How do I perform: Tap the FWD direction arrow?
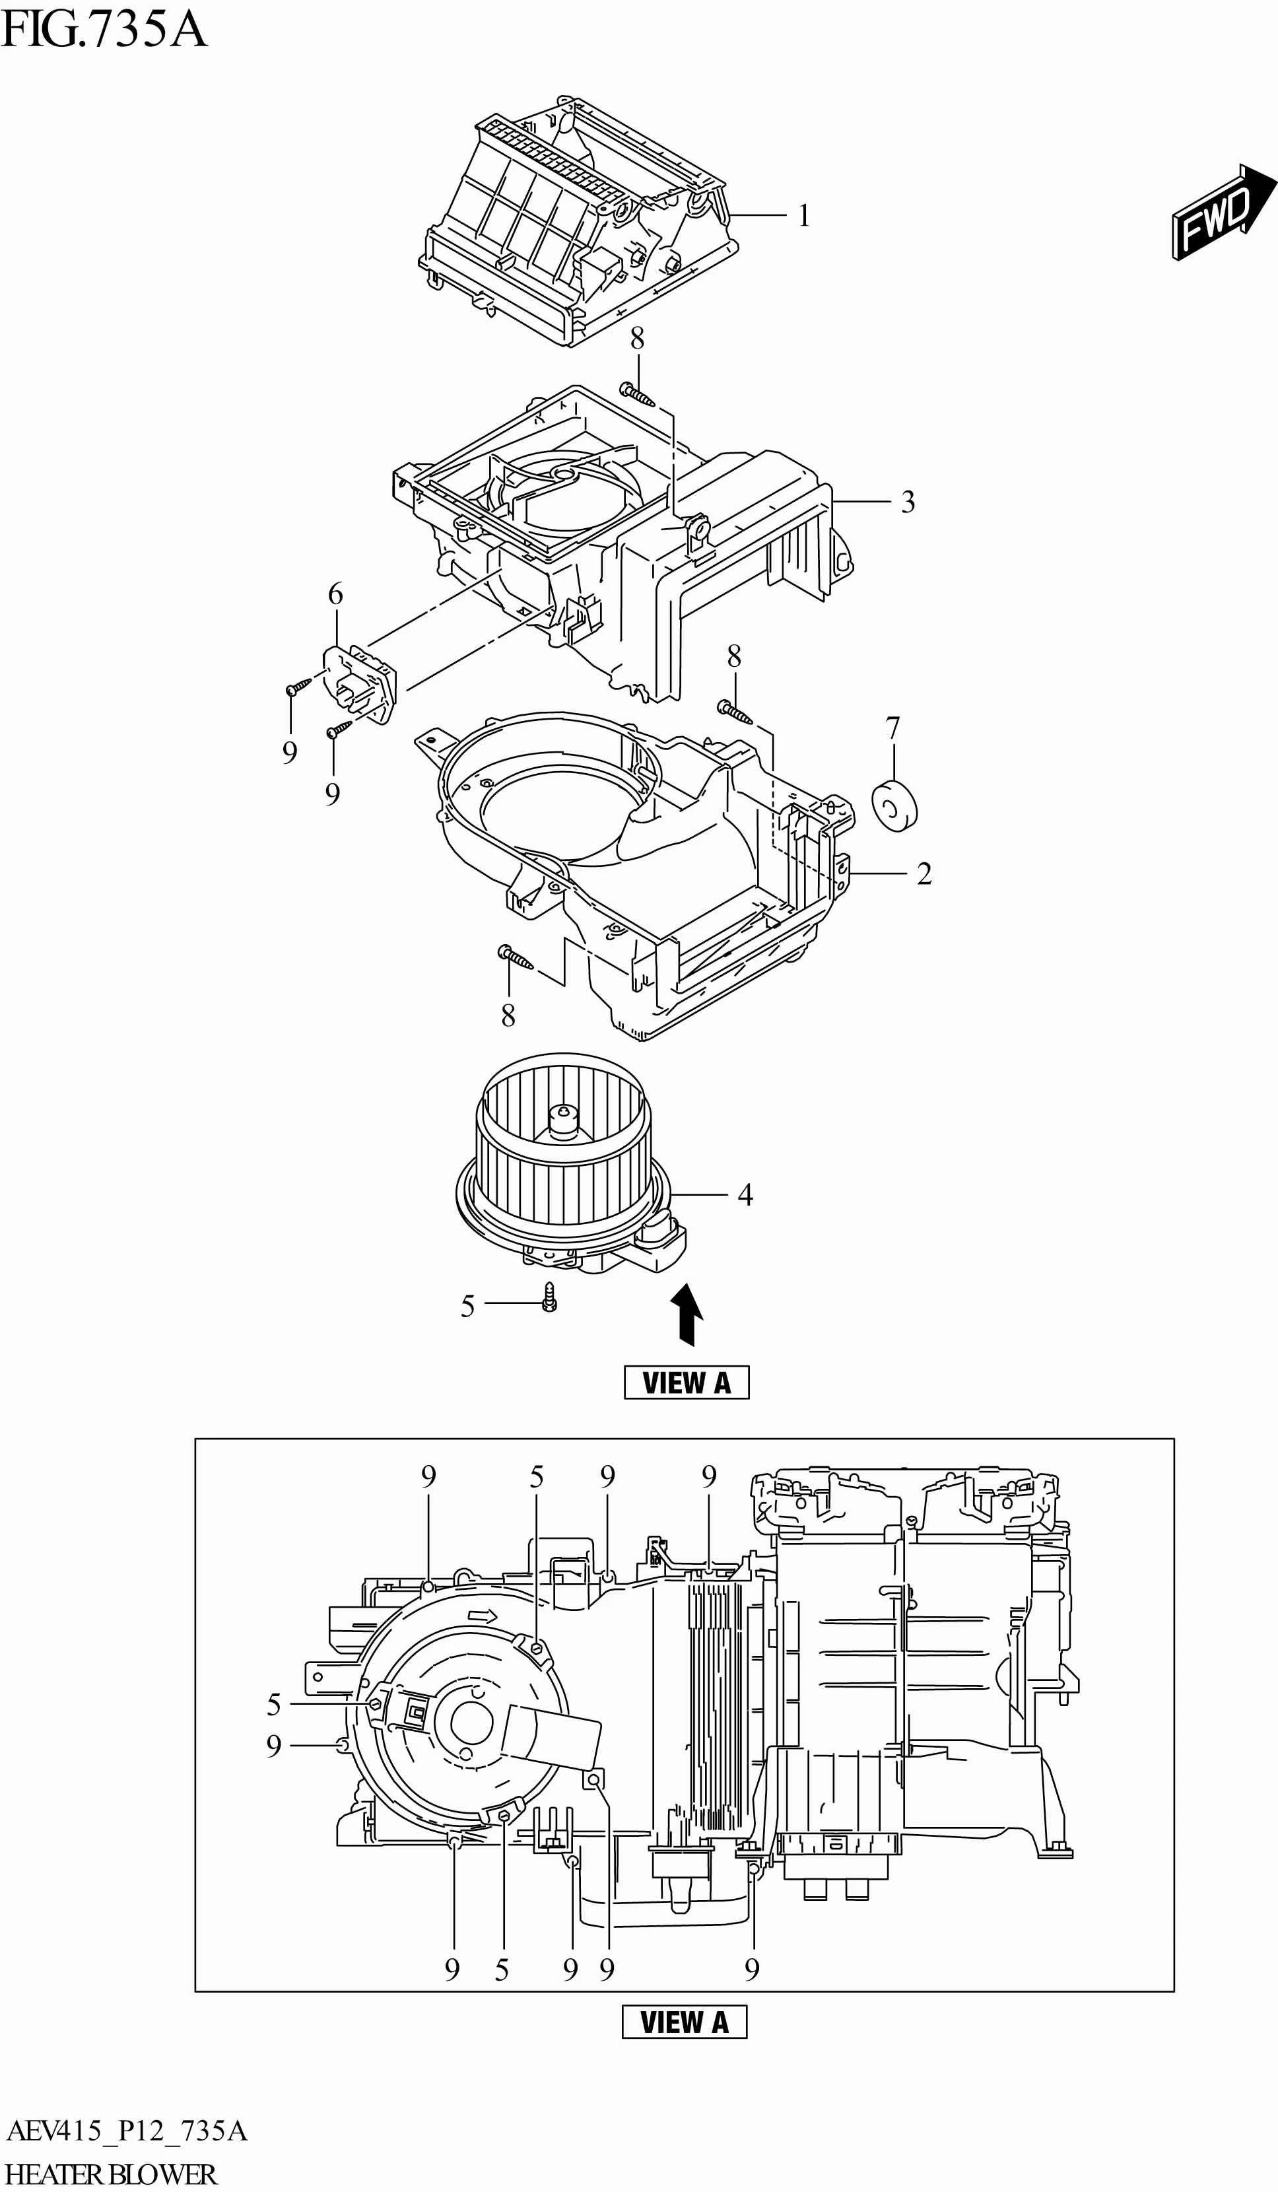click(1223, 211)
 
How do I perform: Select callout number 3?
click(908, 502)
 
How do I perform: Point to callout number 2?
click(924, 873)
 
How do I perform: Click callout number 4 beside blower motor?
click(745, 1195)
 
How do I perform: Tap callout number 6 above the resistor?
click(335, 594)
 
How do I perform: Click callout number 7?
click(892, 727)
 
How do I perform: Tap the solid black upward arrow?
click(687, 1316)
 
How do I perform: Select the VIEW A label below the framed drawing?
click(684, 2022)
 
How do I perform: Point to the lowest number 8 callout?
click(508, 1015)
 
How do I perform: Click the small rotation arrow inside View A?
click(481, 1616)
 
